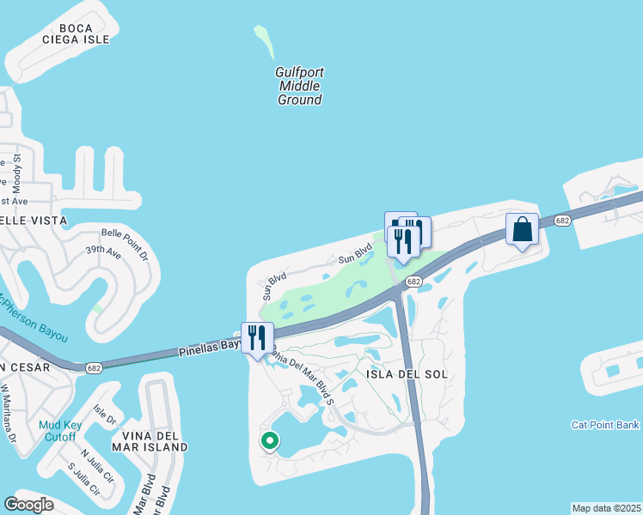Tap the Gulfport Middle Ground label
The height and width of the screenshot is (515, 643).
pyautogui.click(x=299, y=86)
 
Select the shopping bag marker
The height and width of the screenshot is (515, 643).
pyautogui.click(x=522, y=230)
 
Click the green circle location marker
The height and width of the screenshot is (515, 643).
pyautogui.click(x=270, y=441)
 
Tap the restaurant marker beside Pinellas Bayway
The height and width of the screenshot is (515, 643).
pyautogui.click(x=257, y=338)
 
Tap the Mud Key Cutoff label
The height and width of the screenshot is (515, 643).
pyautogui.click(x=61, y=431)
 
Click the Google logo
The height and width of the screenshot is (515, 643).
pyautogui.click(x=29, y=505)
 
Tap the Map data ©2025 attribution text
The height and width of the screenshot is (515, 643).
pyautogui.click(x=606, y=508)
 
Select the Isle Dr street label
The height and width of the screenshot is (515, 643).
pyautogui.click(x=104, y=415)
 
